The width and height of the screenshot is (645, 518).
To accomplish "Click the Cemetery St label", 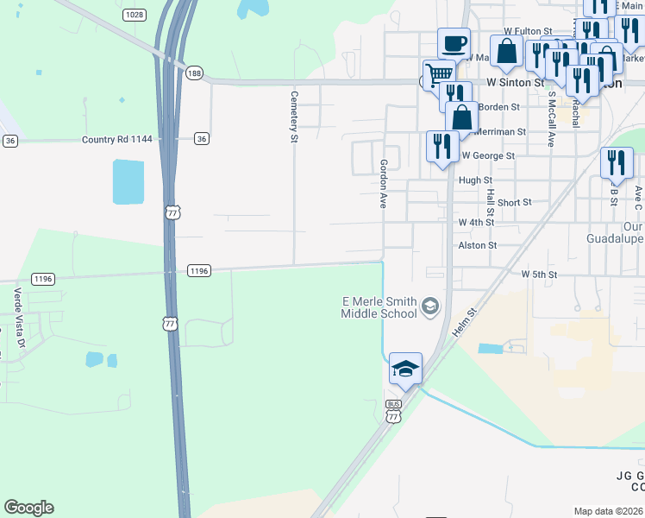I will point(294,117).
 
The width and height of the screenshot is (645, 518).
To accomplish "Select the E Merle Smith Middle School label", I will point(379,307).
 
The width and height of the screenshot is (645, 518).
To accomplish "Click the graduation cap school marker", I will point(405,369).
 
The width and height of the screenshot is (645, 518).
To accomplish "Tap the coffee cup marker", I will point(454,42).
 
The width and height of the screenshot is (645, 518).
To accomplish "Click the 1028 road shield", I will point(134,15).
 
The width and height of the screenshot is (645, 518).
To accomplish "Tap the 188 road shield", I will point(196,75).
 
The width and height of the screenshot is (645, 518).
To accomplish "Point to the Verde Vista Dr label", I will point(16,313).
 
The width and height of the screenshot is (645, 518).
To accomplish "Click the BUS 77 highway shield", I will point(394,411).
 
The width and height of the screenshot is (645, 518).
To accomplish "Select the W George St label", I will point(487,156).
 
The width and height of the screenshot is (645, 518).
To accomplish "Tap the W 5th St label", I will point(539,274).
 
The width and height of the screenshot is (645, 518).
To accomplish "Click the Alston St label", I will point(478,245).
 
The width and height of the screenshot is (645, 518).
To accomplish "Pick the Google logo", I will point(28,508).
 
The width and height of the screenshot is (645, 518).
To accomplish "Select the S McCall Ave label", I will point(550,122).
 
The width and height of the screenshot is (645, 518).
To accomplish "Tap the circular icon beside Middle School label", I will point(430,306).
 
